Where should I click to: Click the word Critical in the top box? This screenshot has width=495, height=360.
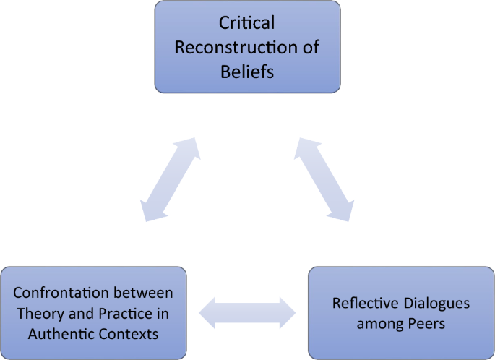(246, 24)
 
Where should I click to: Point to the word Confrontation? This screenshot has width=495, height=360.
(57, 293)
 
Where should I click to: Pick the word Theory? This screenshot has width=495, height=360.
(38, 314)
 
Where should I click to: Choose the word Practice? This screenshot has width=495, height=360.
(127, 314)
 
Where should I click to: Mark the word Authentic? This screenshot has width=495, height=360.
(64, 334)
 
